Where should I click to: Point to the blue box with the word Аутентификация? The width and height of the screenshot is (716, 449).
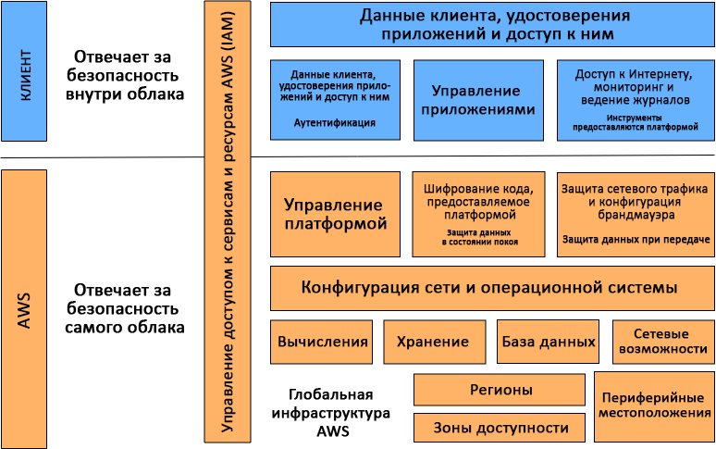click(333, 100)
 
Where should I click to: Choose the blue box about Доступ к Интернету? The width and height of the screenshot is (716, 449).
click(635, 100)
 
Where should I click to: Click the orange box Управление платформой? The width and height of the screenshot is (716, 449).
click(333, 214)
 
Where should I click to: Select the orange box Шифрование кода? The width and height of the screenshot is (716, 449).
click(478, 214)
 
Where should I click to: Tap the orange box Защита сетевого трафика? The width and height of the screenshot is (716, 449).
click(635, 214)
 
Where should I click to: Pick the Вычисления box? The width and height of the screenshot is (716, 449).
click(322, 342)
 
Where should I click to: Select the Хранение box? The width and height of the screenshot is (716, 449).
click(434, 342)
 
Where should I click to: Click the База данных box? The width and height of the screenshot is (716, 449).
click(549, 342)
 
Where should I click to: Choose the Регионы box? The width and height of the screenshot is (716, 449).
click(500, 390)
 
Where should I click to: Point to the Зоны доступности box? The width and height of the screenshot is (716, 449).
click(500, 428)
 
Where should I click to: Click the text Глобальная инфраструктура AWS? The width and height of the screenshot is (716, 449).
click(330, 411)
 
